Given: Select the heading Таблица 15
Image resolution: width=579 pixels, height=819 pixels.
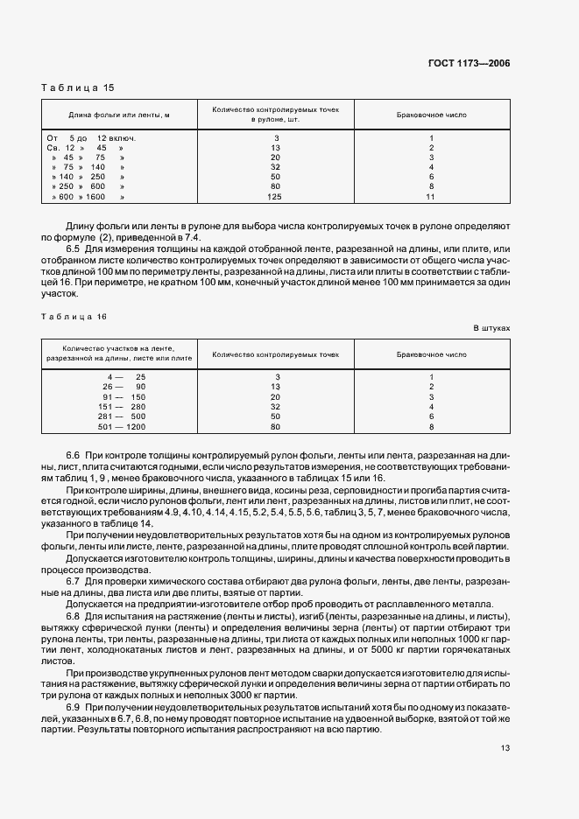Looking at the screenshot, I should click(78, 87).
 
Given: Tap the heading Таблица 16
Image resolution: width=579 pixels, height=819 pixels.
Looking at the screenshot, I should click(78, 316).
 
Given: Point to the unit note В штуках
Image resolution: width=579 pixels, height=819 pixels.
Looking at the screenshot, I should click(491, 328).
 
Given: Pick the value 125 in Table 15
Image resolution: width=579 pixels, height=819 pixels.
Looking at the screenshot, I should click(276, 197).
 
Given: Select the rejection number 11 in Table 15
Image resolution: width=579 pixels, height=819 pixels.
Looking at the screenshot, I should click(431, 197).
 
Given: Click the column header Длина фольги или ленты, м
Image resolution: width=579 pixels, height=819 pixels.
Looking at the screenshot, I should click(118, 115).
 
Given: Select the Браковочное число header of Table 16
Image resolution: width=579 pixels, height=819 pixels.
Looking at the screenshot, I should click(432, 354).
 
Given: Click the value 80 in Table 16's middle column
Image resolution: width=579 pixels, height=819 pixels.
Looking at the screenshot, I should click(276, 426).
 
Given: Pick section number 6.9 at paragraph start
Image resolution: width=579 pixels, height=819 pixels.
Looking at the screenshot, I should click(73, 704).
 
